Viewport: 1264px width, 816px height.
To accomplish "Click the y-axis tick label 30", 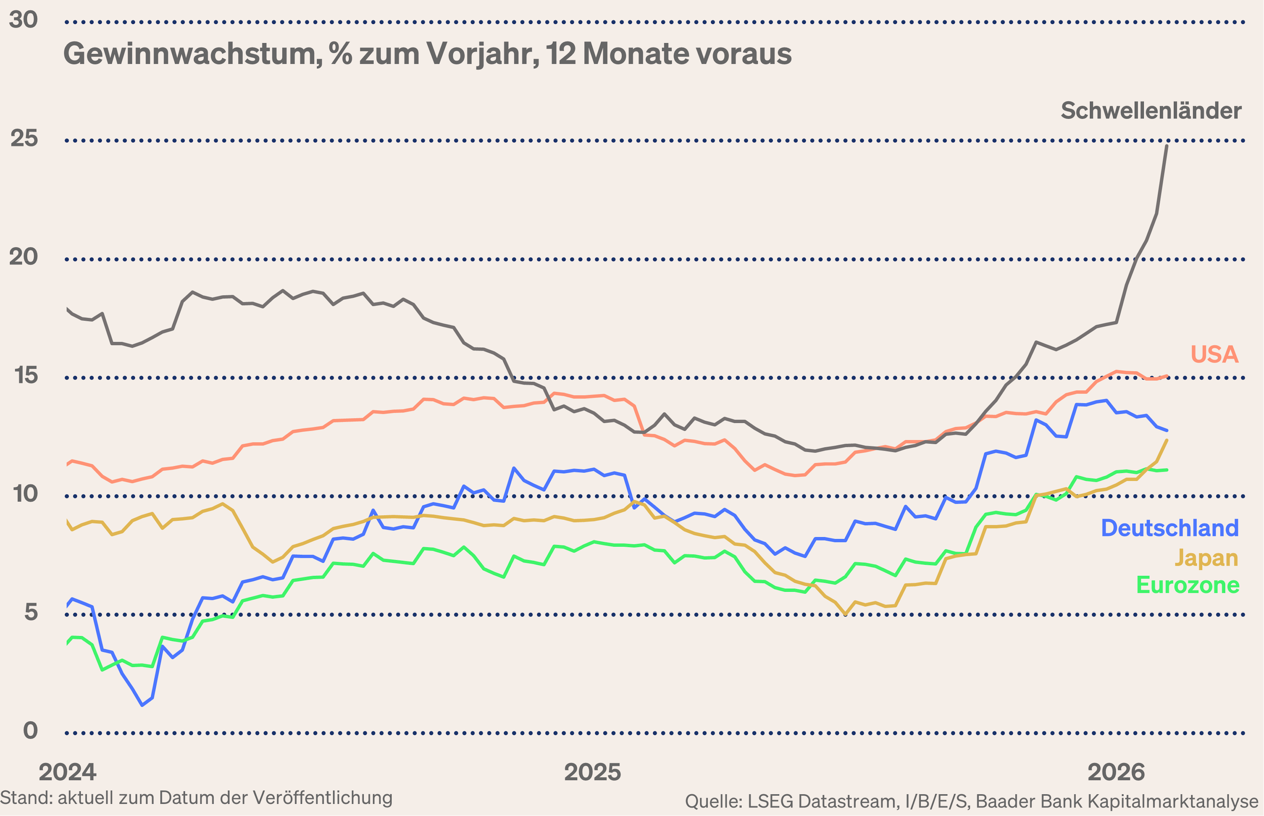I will click(23, 20).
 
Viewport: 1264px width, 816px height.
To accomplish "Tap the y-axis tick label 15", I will click(25, 376).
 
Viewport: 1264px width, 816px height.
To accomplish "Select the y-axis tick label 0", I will click(31, 731).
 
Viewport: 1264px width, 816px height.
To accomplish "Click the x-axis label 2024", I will click(67, 773).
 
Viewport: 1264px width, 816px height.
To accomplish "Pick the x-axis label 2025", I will click(592, 773).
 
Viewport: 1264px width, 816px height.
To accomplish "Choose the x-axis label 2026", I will click(1116, 773).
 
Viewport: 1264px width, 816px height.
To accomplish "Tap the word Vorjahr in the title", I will click(483, 54).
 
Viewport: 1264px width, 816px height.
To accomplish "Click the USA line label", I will click(1214, 355).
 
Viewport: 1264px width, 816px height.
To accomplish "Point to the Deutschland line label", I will click(1170, 528).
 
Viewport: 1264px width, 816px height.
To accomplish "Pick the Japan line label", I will click(1206, 558).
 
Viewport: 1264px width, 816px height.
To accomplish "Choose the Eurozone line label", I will click(1188, 585).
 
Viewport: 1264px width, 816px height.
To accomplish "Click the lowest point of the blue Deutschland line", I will click(142, 705).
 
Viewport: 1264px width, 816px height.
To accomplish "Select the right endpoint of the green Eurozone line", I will click(1167, 469).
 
